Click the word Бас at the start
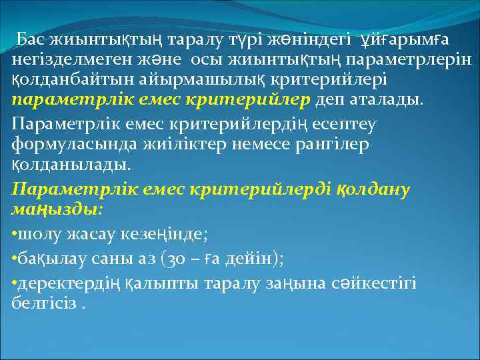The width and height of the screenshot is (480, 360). (31, 39)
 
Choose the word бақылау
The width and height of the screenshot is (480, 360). (49, 259)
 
